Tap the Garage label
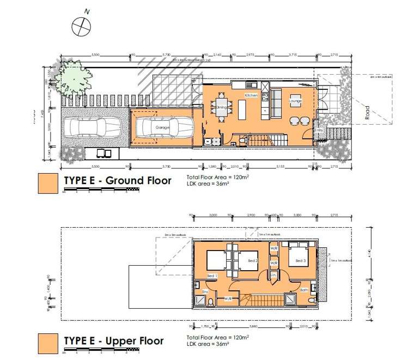click(162, 127)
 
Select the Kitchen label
click(251, 95)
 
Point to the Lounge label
click(296, 101)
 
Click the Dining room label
click(221, 107)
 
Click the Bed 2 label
click(252, 260)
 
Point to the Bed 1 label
click(212, 276)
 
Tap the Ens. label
click(206, 292)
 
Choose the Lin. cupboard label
click(273, 276)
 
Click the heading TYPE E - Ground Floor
click(117, 180)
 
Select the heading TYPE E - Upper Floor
click(113, 341)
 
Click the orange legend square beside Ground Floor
click(47, 184)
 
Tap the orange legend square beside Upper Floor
click(47, 344)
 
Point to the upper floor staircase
click(263, 300)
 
